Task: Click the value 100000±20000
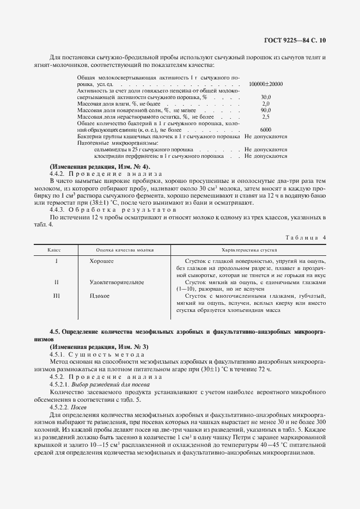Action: pos(265,84)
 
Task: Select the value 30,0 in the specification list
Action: pos(266,96)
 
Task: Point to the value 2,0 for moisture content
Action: pos(266,103)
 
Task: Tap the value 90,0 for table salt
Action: pos(266,110)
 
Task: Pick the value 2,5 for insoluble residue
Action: pos(266,116)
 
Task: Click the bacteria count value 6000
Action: pos(266,130)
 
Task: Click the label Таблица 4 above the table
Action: pos(306,237)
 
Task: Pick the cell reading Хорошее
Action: pos(101,261)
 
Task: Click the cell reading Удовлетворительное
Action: pos(116,283)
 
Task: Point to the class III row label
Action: pos(56,296)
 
